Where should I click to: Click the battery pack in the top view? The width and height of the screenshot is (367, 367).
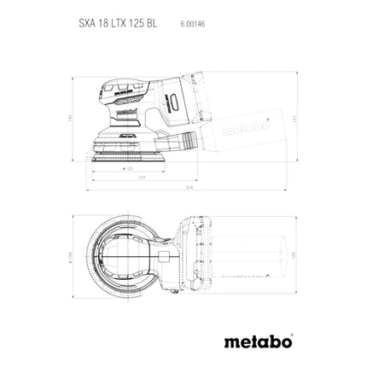[187, 253]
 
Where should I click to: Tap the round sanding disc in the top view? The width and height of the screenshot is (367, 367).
[128, 255]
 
